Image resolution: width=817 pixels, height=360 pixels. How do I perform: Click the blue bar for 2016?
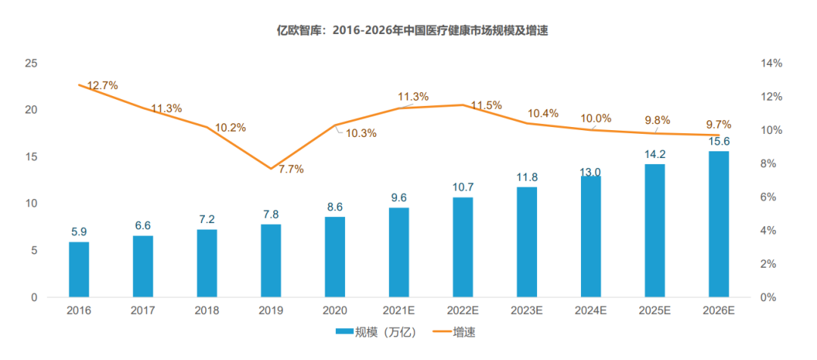coord(79,269)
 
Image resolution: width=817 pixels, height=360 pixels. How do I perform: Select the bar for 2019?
coord(271,260)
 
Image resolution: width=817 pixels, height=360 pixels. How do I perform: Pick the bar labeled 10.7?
coord(463,247)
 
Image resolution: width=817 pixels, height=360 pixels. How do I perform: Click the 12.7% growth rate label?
coord(103,85)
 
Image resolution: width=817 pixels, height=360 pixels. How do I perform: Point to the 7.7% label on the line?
coord(290,169)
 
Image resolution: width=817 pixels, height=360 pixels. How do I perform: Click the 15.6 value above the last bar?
coord(719,141)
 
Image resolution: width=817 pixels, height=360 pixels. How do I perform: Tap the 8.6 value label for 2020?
coord(334,206)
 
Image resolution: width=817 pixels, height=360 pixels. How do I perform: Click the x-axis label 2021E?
coord(399,310)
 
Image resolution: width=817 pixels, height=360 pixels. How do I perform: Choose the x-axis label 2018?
coord(207,310)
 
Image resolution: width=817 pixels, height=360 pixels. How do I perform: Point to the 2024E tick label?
coord(591,310)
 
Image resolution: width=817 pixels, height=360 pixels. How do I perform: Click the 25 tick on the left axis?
coord(31,64)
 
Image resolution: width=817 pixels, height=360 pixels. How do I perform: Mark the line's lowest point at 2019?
coord(271,169)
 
